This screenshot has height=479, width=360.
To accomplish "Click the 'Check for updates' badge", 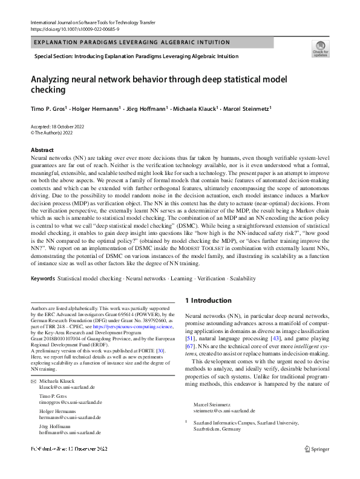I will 320,48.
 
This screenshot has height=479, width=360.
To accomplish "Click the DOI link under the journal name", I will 71,28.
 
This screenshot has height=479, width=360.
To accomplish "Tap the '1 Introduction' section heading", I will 208,300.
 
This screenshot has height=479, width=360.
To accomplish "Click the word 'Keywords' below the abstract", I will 42,279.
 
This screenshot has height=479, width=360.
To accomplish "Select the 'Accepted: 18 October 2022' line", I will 57,126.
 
